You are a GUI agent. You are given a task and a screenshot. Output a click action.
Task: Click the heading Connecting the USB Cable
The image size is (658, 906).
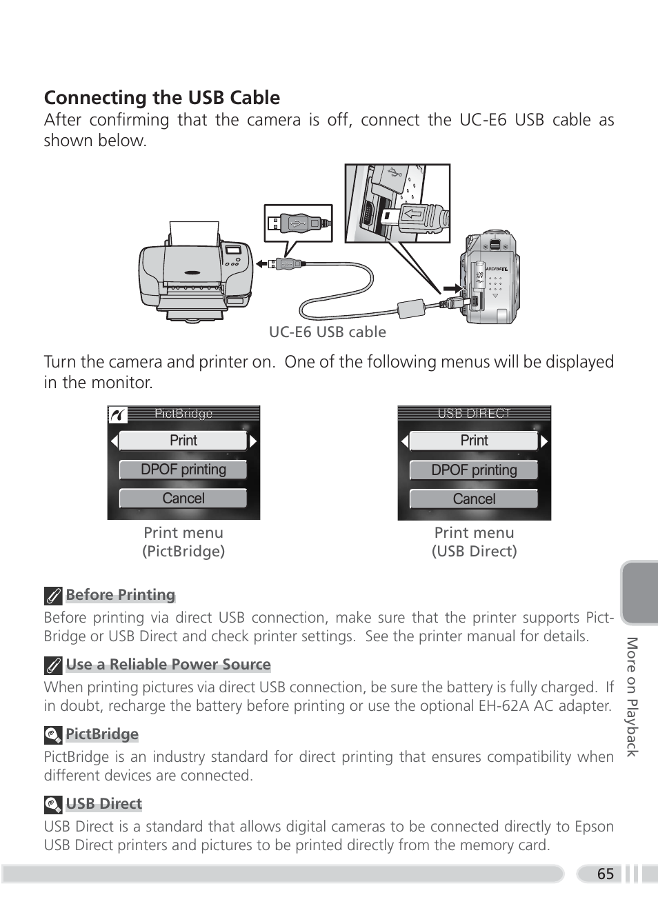coord(162,98)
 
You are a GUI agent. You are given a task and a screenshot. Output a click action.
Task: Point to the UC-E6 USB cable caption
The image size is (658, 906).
coord(327,332)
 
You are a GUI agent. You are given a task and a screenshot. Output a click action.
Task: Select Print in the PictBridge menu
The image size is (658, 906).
coord(183,441)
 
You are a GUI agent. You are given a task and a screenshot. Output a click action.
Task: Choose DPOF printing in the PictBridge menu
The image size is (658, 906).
coord(183,470)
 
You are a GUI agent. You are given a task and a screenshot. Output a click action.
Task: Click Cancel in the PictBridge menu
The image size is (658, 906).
coord(183,499)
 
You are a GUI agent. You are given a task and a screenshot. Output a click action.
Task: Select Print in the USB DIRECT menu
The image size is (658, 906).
coord(474,441)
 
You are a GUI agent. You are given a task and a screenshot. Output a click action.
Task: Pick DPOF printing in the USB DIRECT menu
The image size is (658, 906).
coord(474,470)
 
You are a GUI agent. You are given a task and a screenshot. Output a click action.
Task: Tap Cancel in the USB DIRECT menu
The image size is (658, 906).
coord(474,499)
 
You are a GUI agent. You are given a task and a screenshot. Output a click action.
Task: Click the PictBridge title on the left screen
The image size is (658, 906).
coord(183,414)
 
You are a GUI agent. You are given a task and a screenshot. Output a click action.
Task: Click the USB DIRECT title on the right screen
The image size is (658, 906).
coord(475,414)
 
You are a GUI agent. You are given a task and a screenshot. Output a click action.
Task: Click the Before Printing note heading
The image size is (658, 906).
coord(121,595)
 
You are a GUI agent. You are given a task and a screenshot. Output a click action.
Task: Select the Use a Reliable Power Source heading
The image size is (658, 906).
coord(168,665)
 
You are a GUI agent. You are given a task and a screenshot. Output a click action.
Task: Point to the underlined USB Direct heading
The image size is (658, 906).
coord(104,804)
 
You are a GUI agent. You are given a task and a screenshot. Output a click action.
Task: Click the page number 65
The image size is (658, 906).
coord(606,874)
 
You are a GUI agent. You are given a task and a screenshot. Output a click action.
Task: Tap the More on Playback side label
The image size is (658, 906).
coord(632,696)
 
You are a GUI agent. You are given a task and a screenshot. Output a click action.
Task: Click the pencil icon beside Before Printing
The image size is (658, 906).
coord(53,596)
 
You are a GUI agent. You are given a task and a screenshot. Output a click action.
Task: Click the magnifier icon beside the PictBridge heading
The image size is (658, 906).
coord(53,735)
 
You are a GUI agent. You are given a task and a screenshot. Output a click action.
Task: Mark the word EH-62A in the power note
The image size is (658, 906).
coord(504,706)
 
